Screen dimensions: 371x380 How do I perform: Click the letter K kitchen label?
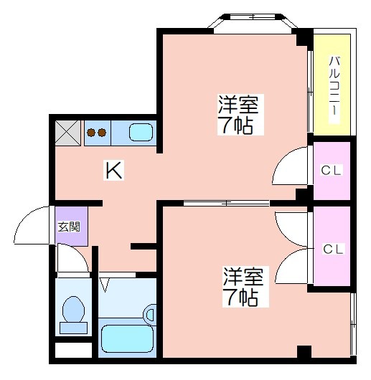(113, 170)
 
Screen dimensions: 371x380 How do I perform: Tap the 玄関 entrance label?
(69, 227)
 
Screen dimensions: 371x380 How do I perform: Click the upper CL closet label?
(332, 170)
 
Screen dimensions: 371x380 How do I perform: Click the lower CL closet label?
(334, 249)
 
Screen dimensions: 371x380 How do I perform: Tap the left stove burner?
(91, 133)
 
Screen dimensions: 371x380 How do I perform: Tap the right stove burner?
(102, 133)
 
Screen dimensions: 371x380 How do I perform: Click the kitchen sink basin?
(141, 133)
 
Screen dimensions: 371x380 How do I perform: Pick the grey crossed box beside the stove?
(68, 133)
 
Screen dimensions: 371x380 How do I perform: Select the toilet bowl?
(73, 310)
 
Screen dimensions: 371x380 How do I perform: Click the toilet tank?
(73, 328)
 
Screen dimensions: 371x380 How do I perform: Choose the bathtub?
(127, 339)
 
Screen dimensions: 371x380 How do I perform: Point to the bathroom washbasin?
(149, 314)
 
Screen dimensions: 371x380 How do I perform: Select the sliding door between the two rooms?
(227, 203)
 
